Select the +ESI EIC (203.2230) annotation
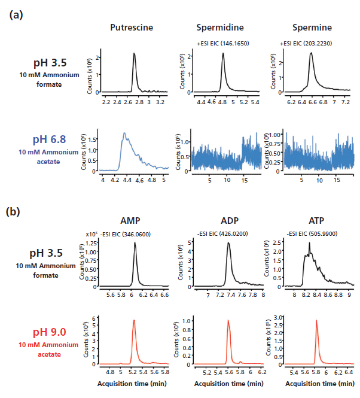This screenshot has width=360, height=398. [306, 44]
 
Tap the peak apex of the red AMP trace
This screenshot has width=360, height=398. [134, 320]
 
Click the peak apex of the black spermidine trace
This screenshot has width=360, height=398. [223, 53]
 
